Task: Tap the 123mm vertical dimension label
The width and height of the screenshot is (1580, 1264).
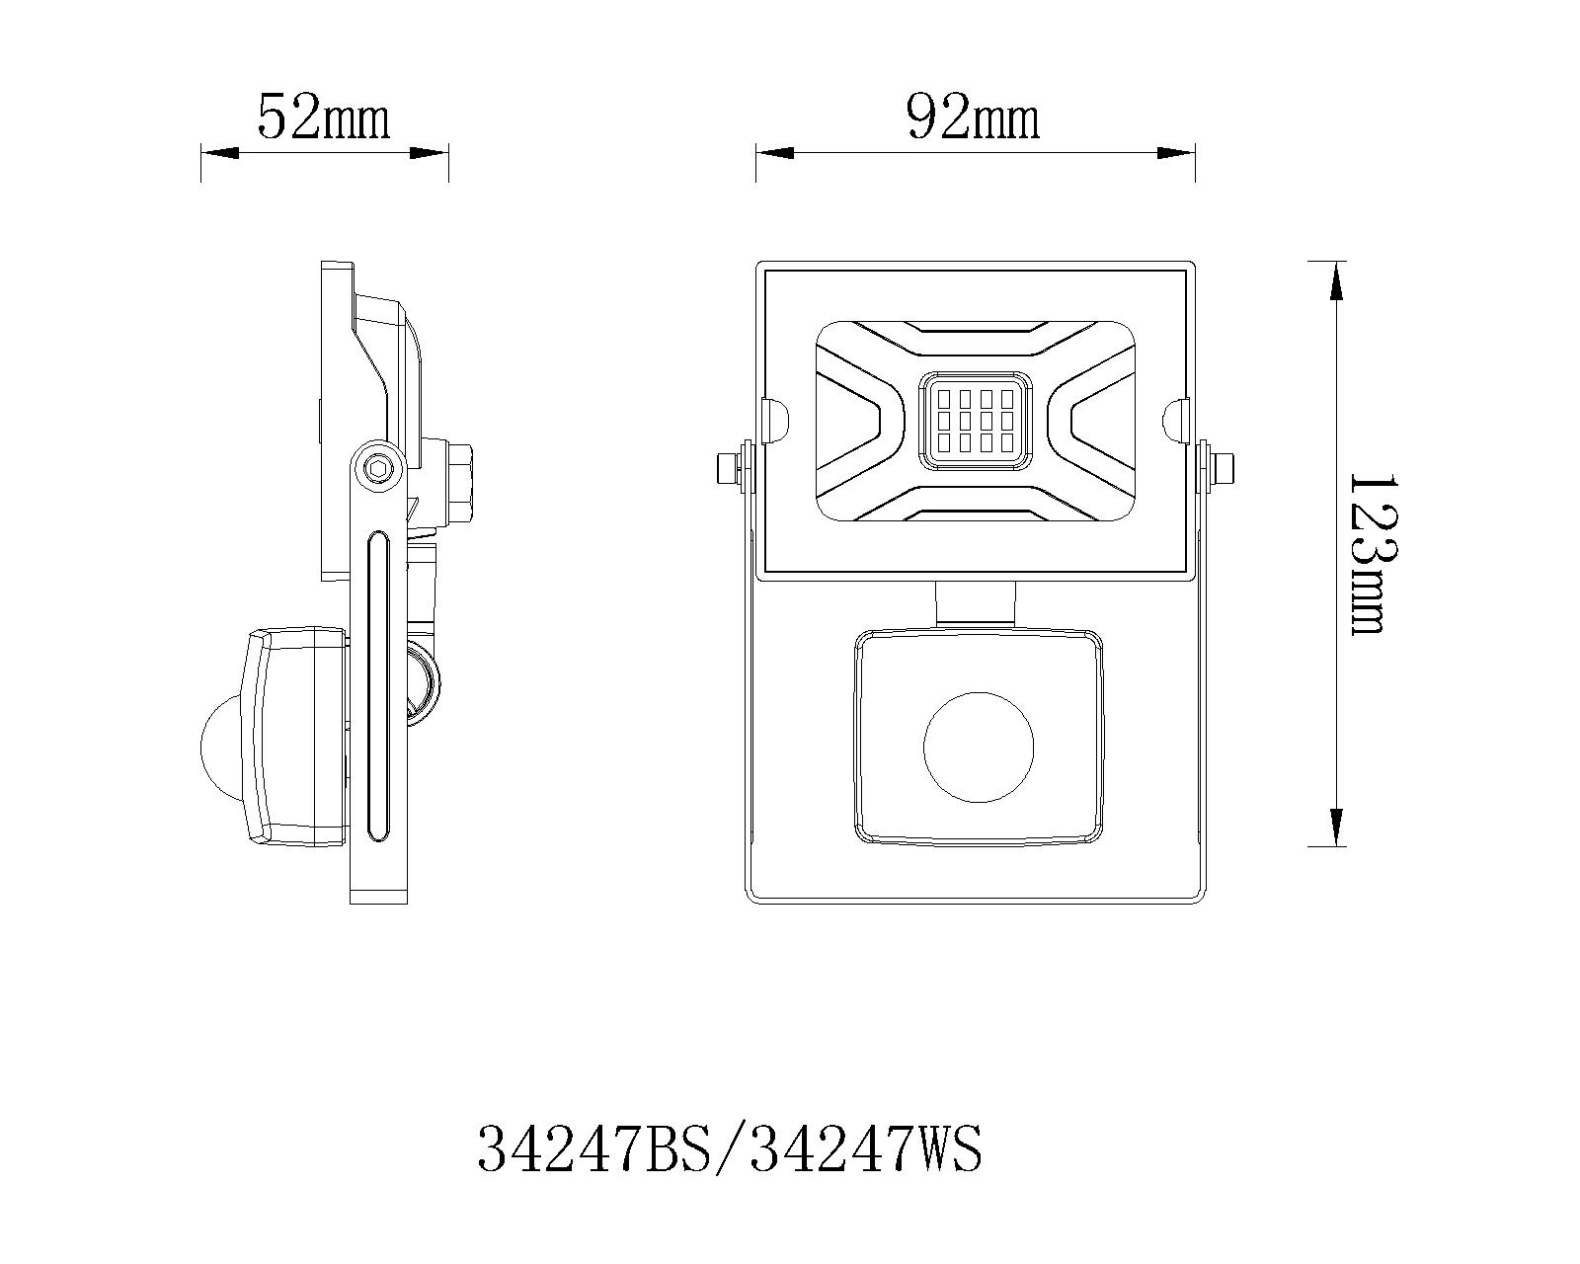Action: point(1367,554)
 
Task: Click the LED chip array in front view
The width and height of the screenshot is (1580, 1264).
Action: point(976,421)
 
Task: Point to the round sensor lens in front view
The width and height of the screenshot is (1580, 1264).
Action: point(978,747)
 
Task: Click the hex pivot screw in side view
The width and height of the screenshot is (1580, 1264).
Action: point(377,468)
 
